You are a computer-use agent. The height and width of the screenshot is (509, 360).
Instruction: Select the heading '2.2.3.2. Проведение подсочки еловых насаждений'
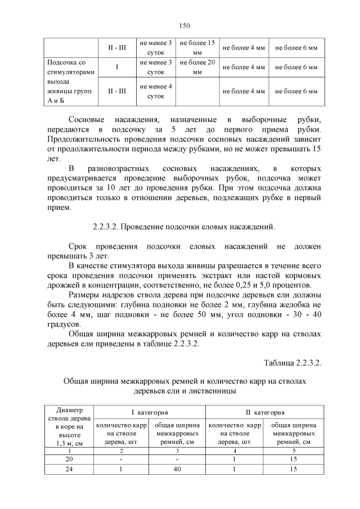[x=184, y=227]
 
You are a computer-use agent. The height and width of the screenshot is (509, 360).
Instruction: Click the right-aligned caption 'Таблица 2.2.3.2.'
[x=292, y=363]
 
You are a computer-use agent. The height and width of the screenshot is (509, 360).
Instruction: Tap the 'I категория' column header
[x=150, y=412]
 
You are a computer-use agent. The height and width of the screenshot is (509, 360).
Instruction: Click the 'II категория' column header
[x=264, y=412]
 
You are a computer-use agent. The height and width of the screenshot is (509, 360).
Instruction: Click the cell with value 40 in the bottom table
[x=178, y=469]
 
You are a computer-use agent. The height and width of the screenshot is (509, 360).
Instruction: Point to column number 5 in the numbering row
[x=292, y=451]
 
